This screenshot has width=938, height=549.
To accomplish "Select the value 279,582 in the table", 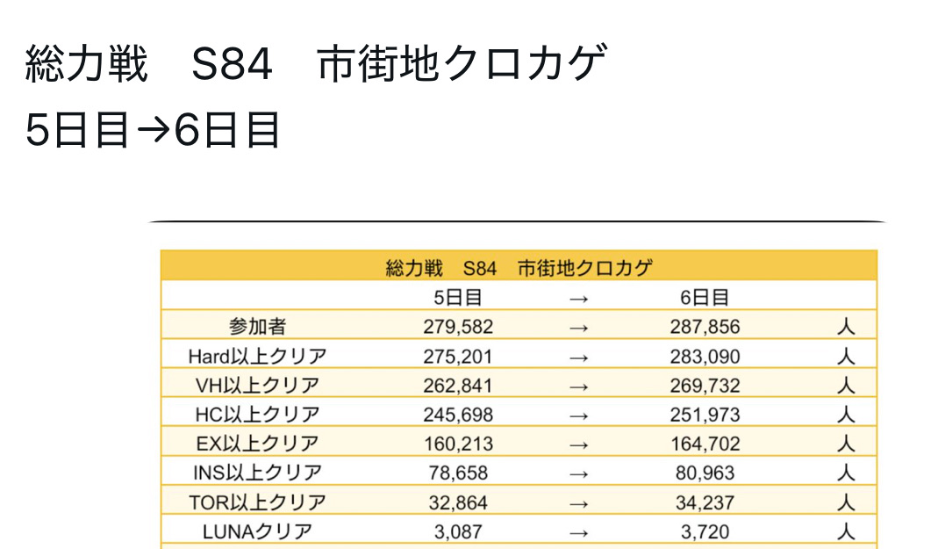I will coord(457,327).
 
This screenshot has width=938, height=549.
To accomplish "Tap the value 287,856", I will coord(704,327).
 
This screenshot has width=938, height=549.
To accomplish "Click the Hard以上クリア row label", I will coord(257,356).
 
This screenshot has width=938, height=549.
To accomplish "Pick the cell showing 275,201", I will coord(457,356).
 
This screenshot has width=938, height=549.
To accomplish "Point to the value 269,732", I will coord(704,385).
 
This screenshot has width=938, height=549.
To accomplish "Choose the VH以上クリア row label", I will coord(257,385).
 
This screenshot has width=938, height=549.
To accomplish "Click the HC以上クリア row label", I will coord(257,414).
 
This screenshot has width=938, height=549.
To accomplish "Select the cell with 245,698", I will coord(457,414).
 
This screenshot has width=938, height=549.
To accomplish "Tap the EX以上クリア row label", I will coord(257,443).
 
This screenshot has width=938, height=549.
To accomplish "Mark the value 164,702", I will coord(704,443).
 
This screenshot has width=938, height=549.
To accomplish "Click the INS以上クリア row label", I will coord(257,472).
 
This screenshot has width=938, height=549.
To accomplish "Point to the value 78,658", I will coord(457,472).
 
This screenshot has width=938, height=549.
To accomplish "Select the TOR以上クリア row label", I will coord(257,502).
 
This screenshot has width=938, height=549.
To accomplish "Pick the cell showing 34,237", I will coord(704,502).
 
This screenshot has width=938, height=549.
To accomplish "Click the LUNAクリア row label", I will coord(257,531).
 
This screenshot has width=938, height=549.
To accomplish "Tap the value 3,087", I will coord(457,531).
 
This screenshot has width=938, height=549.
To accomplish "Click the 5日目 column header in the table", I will coord(457,297).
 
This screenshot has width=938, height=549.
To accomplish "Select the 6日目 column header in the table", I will coord(704,297).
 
